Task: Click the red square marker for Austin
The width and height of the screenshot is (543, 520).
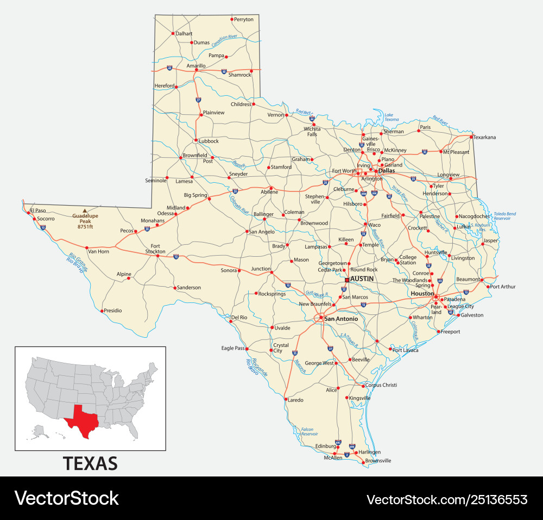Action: coord(347,280)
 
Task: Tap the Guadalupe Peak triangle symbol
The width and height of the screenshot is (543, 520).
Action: coord(84,211)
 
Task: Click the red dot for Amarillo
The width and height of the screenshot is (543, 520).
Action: coord(196,70)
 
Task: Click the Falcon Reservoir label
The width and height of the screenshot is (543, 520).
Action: coord(310,431)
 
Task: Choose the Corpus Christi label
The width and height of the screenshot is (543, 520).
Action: coord(381,385)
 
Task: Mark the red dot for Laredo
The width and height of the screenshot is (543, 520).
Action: coord(285,399)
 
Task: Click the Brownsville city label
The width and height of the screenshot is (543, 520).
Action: coord(378,461)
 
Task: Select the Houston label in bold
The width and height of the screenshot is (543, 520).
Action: coord(422,294)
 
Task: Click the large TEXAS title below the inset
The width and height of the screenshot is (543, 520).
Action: coord(90,463)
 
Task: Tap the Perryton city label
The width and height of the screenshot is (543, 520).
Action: coord(244,19)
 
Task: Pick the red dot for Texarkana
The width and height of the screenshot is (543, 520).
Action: coord(471,137)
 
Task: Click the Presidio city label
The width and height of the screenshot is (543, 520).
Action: coord(112,311)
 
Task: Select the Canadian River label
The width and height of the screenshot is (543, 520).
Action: coord(224,41)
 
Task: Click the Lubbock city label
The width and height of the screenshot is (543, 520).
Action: coord(209,141)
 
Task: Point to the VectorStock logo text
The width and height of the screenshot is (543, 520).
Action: coord(66,498)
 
